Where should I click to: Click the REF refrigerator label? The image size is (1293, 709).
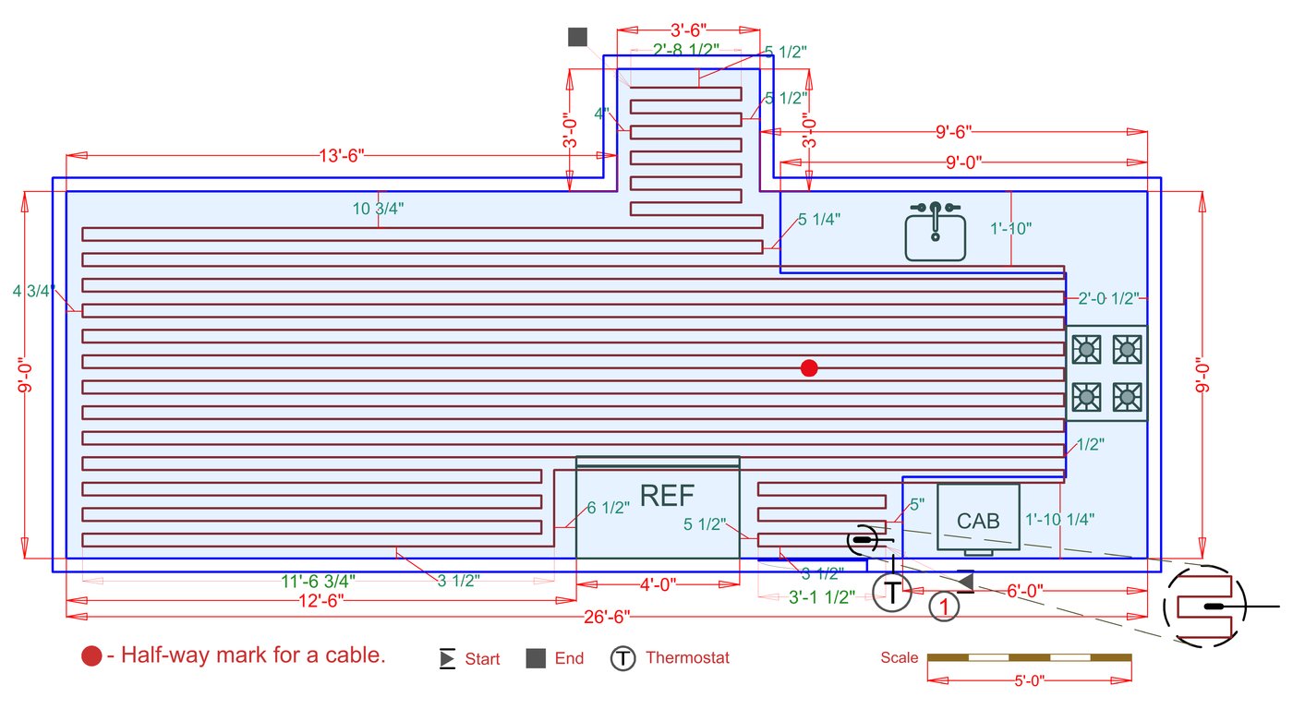667,496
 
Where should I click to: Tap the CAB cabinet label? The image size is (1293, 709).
978,521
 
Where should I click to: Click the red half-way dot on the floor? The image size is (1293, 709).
809,368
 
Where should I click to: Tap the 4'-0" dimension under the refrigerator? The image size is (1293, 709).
658,584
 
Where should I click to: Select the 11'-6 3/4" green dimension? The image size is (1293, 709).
318,582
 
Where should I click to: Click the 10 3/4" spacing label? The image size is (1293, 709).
379,209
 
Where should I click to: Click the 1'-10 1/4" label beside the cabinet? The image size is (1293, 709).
1059,520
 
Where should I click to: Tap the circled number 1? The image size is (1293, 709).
944,607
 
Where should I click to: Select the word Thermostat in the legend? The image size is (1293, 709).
687,658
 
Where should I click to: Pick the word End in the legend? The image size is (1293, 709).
569,658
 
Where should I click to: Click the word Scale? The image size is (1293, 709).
899,658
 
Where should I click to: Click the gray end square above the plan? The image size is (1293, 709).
577,37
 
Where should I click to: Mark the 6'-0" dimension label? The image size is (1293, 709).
1025,591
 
